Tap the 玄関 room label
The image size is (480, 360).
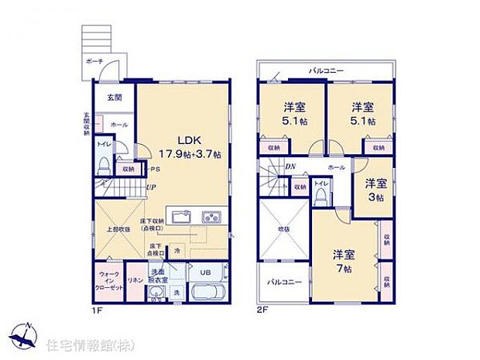pyautogui.click(x=114, y=98)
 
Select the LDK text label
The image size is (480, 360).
pyautogui.click(x=190, y=140)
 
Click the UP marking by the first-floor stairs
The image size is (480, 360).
pyautogui.click(x=152, y=187)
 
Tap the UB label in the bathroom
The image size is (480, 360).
pyautogui.click(x=206, y=273)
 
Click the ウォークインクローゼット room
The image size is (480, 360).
pyautogui.click(x=108, y=279)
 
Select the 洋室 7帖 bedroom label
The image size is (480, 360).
pyautogui.click(x=345, y=260)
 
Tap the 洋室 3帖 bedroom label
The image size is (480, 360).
pyautogui.click(x=376, y=190)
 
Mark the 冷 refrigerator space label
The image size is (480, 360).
pyautogui.click(x=177, y=251)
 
